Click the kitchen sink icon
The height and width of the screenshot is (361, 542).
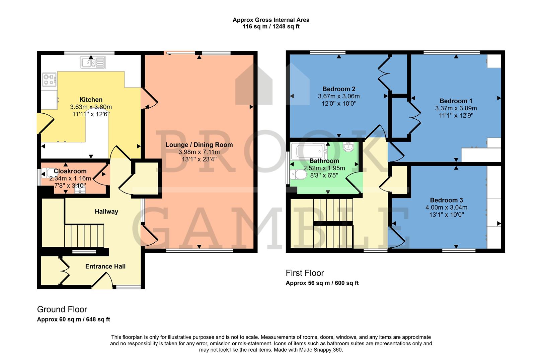[92, 63]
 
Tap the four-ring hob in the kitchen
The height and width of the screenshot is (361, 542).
[49, 80]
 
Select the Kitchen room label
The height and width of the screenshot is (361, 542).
[91, 100]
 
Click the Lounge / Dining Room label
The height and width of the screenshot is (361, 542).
[199, 145]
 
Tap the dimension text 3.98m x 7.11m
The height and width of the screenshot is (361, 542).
[199, 152]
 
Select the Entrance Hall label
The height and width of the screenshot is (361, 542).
[105, 266]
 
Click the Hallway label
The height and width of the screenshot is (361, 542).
[106, 212]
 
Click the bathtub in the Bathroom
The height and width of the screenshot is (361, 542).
[309, 151]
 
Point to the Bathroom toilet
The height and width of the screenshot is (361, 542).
[298, 174]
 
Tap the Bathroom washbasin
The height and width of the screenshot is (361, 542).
[349, 146]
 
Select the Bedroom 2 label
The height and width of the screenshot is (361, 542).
[338, 89]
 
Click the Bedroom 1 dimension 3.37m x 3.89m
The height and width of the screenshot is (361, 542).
[456, 108]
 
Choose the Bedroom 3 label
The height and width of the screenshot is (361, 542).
[446, 200]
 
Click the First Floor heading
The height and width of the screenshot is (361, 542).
[305, 273]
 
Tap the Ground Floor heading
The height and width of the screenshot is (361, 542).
[62, 310]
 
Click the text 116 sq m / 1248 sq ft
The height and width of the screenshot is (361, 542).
[271, 26]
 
